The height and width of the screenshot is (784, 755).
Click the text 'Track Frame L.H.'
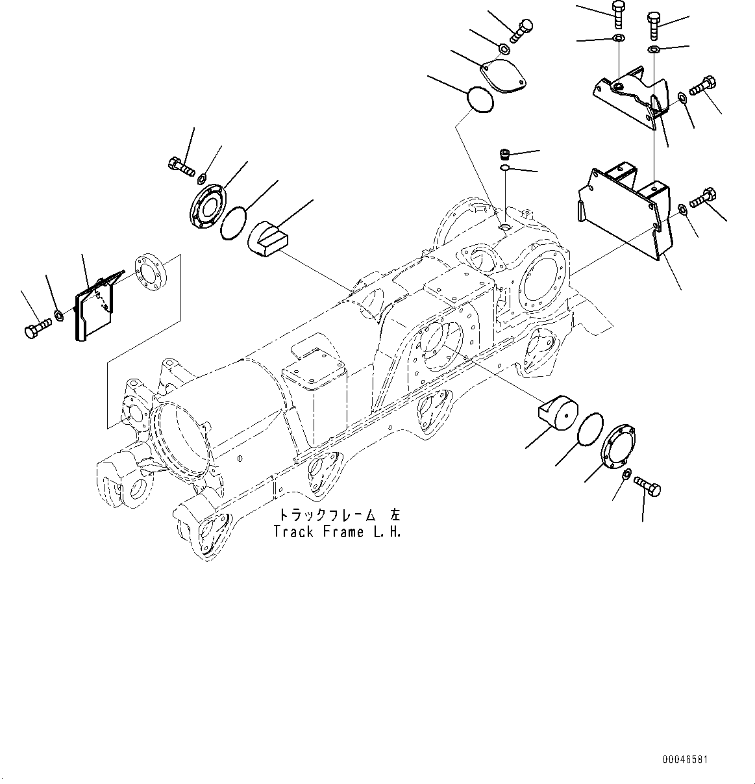(337, 532)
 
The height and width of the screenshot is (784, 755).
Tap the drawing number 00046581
(685, 759)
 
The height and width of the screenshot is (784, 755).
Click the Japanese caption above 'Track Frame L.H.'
(340, 515)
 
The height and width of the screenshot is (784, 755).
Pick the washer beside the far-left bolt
(59, 316)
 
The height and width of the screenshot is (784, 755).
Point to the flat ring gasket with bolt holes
(149, 274)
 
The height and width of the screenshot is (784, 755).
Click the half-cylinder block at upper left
(268, 236)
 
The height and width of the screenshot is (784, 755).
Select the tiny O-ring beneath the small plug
(506, 170)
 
